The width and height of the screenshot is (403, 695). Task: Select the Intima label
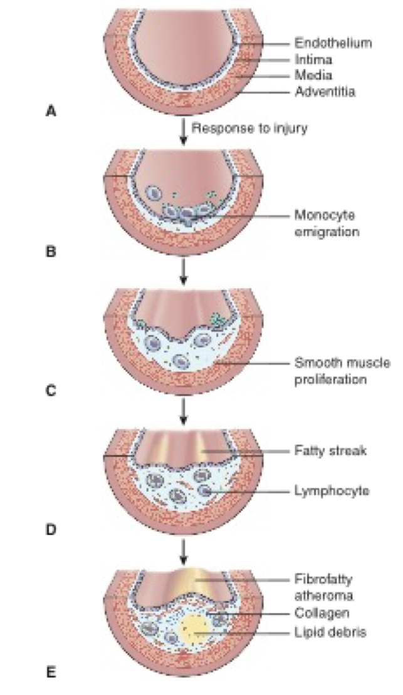pyautogui.click(x=313, y=60)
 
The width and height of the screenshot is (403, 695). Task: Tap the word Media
pyautogui.click(x=311, y=76)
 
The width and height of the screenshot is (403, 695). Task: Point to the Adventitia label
pyautogui.click(x=325, y=93)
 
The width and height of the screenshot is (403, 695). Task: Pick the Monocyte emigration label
pyautogui.click(x=324, y=223)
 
